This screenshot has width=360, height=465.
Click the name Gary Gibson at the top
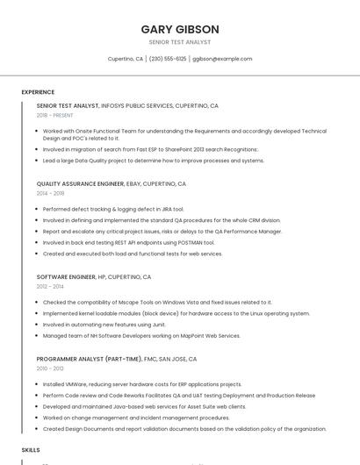pos(180,29)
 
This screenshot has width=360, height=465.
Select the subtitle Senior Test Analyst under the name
pos(180,42)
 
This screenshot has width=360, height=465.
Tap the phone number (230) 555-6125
pos(168,59)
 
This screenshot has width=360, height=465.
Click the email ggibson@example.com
pos(222,59)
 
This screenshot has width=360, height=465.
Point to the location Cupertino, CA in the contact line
pos(126,59)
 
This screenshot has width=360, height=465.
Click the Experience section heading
pos(38,92)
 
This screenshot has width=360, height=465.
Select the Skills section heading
pos(31,449)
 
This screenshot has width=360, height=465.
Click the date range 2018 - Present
pos(55,115)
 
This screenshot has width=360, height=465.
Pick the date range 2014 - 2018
pos(51,193)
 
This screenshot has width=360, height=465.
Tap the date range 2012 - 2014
pos(50,286)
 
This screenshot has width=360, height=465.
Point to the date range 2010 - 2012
pos(50,368)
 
